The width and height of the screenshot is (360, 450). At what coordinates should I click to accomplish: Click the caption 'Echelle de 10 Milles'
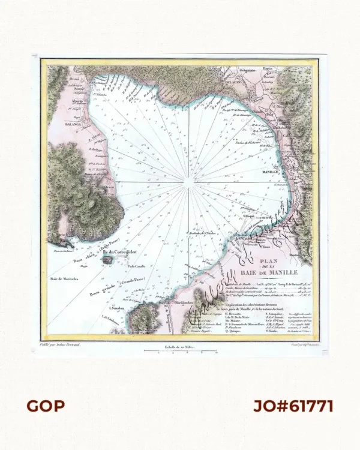pyautogui.click(x=179, y=346)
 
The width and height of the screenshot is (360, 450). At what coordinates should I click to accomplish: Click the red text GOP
pyautogui.click(x=46, y=406)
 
